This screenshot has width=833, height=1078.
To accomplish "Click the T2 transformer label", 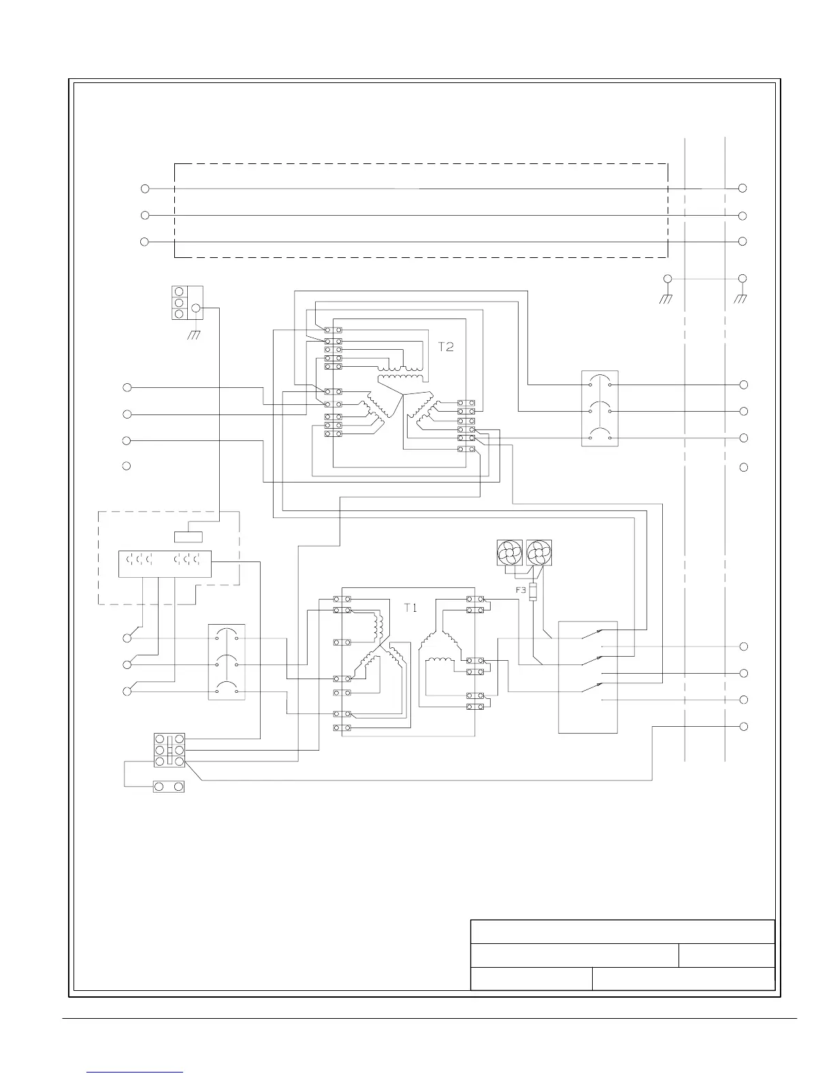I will click(445, 346).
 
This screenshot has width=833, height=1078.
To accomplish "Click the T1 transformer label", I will click(410, 608).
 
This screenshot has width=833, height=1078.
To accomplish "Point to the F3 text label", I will click(521, 591).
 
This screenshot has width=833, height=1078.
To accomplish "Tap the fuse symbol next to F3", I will click(533, 591).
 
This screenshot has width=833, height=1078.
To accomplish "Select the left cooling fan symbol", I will click(510, 553).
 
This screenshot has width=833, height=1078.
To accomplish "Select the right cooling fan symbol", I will click(539, 553).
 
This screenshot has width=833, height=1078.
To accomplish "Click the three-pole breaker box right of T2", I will click(600, 408).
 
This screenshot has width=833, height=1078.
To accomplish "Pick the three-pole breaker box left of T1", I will click(226, 662).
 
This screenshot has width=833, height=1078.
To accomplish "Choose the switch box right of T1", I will click(588, 677).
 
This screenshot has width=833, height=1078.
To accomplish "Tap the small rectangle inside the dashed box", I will click(189, 536).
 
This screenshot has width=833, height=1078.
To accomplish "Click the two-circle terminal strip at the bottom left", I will click(169, 787).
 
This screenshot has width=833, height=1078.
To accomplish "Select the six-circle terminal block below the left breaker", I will click(169, 750).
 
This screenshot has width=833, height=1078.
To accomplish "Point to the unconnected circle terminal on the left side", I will click(127, 466).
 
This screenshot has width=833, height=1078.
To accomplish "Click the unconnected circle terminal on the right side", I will click(744, 468).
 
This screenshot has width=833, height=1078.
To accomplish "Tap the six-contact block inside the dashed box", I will click(165, 563).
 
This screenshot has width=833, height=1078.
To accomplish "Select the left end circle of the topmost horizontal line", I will click(145, 189).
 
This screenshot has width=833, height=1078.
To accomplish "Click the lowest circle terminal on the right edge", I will click(744, 726).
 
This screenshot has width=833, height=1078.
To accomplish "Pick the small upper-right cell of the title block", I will click(727, 955).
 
